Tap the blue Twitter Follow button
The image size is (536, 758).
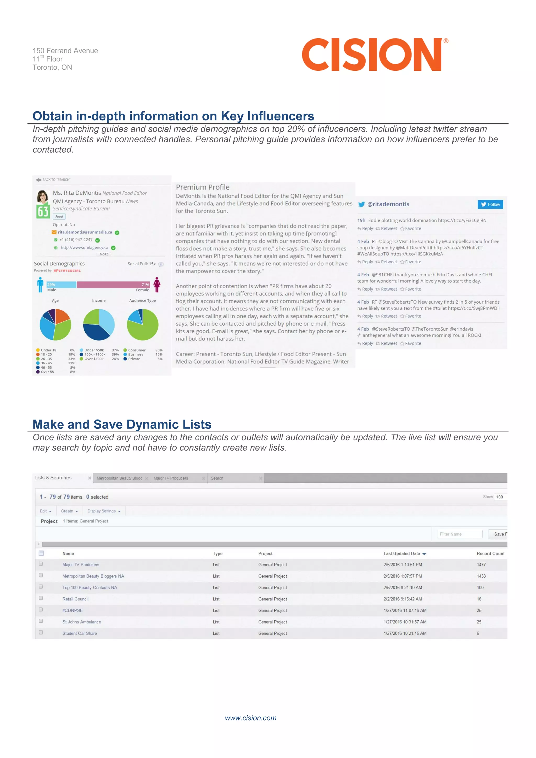(490, 204)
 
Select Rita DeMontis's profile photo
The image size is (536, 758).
(43, 196)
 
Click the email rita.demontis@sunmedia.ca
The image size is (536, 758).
(85, 232)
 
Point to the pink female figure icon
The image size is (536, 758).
(157, 285)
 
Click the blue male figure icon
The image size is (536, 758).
(40, 285)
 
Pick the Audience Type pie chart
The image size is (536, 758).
(143, 325)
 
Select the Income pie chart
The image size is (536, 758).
(99, 325)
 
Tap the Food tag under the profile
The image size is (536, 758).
(59, 216)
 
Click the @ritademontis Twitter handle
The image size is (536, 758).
(388, 204)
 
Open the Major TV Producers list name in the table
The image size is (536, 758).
(81, 565)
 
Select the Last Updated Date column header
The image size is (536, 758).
(402, 554)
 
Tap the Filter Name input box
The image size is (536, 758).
(460, 534)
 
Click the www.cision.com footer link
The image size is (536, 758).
(250, 718)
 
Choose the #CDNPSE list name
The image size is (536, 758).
(72, 610)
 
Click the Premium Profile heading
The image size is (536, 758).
(203, 187)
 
